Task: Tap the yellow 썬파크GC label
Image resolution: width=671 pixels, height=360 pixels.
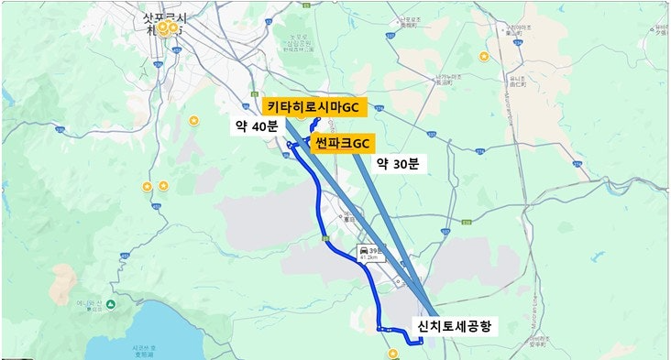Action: click(x=342, y=143)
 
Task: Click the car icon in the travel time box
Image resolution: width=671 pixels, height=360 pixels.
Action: click(x=363, y=249)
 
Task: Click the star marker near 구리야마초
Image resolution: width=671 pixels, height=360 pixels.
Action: click(x=484, y=57)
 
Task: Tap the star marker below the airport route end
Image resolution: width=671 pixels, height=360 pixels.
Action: click(x=392, y=353)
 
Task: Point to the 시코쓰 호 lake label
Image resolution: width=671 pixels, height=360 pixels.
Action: click(x=144, y=349)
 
